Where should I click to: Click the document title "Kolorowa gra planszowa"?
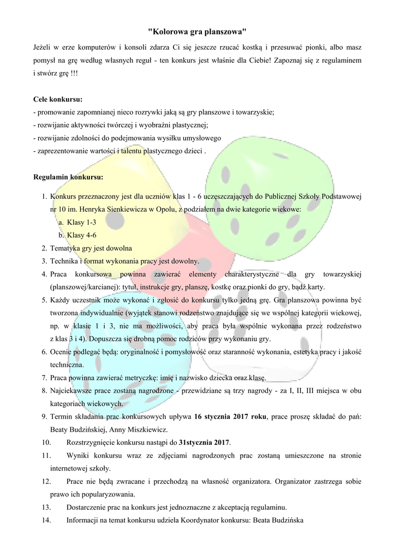[197, 33]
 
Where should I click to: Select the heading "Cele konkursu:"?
[58, 100]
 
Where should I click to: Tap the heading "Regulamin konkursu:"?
[68, 177]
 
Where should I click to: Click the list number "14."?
[46, 520]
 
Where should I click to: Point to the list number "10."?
[46, 442]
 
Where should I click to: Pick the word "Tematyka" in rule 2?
[65, 248]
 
